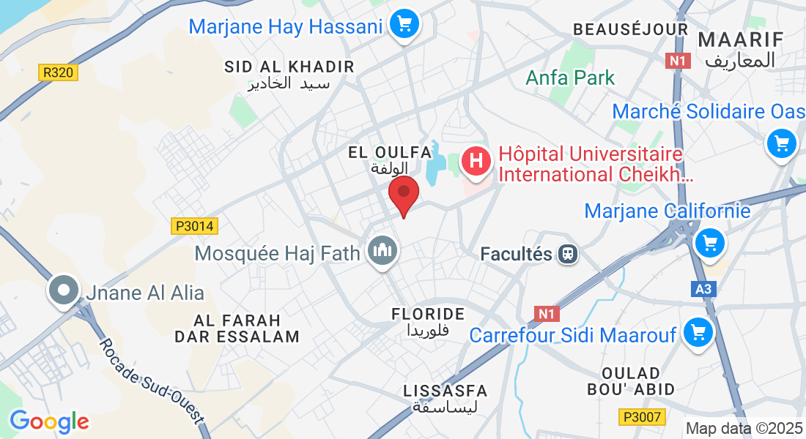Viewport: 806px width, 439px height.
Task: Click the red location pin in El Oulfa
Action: pyautogui.click(x=403, y=195)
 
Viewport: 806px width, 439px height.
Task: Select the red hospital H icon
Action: pyautogui.click(x=476, y=161)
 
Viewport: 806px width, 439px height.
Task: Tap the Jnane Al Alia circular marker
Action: pyautogui.click(x=64, y=290)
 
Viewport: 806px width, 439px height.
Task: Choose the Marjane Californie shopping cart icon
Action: pyautogui.click(x=709, y=241)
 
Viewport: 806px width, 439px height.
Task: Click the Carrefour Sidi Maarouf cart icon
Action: pyautogui.click(x=697, y=334)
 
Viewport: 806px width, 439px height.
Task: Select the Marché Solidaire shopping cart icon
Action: pyautogui.click(x=781, y=143)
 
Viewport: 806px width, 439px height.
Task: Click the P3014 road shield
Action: pyautogui.click(x=195, y=226)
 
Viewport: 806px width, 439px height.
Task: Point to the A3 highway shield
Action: pyautogui.click(x=703, y=289)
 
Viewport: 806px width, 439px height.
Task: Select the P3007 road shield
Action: pyautogui.click(x=640, y=417)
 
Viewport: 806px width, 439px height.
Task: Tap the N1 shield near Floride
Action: pyautogui.click(x=547, y=314)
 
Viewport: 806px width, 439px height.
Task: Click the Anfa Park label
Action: pyautogui.click(x=571, y=78)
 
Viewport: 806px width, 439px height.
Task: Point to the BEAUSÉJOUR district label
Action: pyautogui.click(x=630, y=29)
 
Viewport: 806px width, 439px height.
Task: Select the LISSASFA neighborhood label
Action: pyautogui.click(x=445, y=391)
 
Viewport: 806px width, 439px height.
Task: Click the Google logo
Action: pyautogui.click(x=49, y=421)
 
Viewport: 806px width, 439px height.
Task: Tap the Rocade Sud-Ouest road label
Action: pyautogui.click(x=150, y=382)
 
